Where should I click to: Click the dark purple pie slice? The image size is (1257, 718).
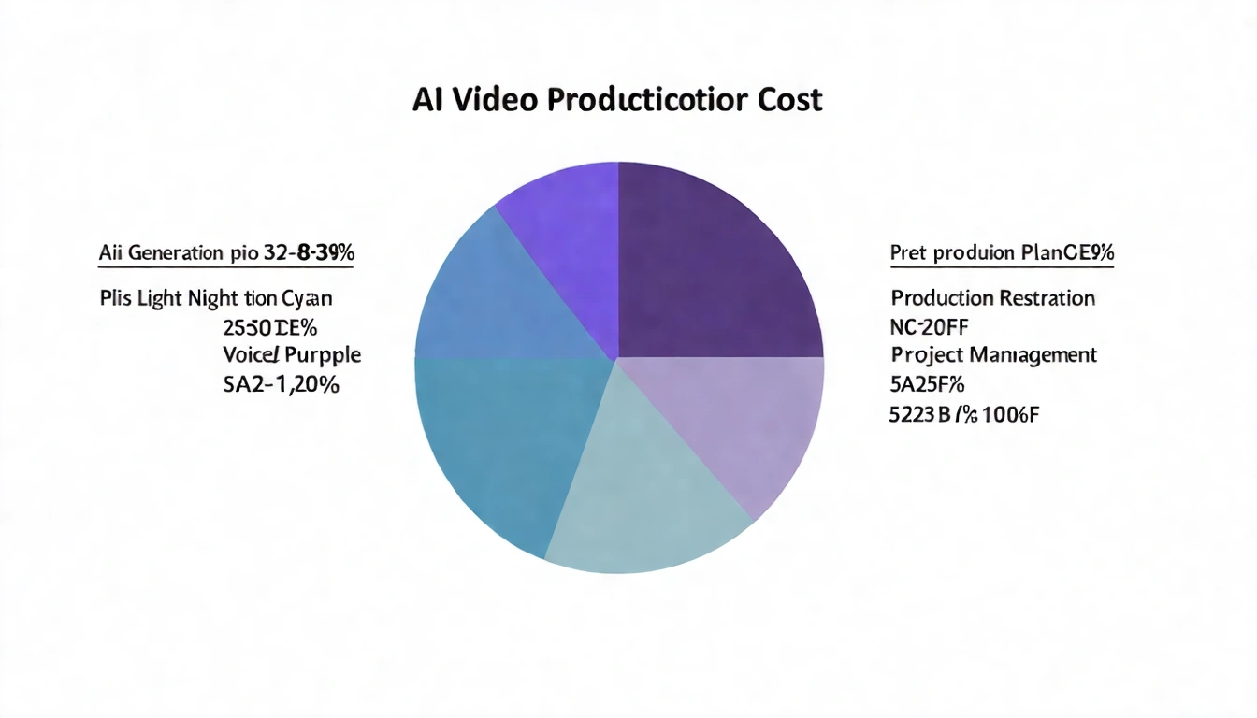click(715, 262)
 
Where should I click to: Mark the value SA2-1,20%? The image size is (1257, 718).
click(281, 383)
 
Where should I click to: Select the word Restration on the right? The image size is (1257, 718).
click(1047, 298)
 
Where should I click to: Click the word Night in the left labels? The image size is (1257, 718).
click(212, 299)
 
